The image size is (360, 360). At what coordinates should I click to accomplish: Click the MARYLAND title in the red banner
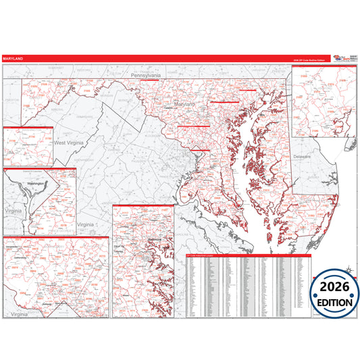point(13,59)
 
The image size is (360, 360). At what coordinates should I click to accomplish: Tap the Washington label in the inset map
point(34,182)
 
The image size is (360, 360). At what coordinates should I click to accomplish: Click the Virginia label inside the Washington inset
point(13,211)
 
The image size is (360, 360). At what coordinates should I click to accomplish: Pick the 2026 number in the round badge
point(335,287)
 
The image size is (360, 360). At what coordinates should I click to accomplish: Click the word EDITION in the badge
point(335,302)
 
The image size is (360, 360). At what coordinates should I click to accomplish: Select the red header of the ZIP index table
point(249,256)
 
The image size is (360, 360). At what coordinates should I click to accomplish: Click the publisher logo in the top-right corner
point(340,59)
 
